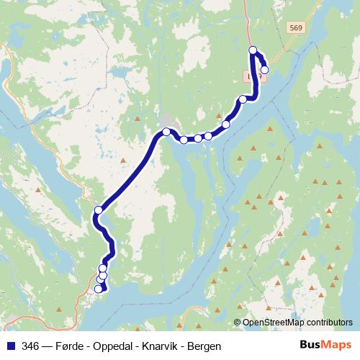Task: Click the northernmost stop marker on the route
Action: click(x=253, y=50)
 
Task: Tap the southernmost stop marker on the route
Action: click(x=99, y=289)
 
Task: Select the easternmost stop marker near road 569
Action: click(x=265, y=70)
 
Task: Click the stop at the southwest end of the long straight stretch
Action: click(x=99, y=210)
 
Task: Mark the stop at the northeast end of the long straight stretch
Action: click(x=166, y=132)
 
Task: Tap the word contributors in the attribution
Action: click(x=330, y=323)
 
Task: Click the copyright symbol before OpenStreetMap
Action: click(x=238, y=323)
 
